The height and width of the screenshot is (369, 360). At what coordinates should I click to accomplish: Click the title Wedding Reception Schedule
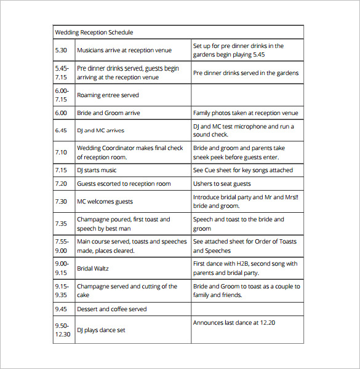coord(94,32)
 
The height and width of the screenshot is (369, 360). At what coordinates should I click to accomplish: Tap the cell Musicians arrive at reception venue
coord(124,50)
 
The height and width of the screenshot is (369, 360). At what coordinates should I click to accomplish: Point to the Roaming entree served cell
coord(108,95)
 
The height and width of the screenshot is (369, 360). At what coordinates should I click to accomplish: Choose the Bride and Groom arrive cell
coord(108,113)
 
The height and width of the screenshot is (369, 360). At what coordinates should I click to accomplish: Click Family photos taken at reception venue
coord(246,113)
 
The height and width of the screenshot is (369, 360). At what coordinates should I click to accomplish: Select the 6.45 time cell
coord(60,130)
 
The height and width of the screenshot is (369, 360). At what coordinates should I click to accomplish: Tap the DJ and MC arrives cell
coord(100,130)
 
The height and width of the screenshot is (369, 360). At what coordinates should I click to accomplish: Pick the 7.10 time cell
coord(60,152)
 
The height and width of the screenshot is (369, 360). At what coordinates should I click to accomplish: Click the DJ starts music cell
coord(97,170)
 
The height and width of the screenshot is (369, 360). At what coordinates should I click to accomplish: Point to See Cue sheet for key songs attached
coord(243,170)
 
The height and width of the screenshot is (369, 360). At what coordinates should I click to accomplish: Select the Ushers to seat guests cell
coord(222,183)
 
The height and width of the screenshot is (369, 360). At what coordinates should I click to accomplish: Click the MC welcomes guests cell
coord(105,201)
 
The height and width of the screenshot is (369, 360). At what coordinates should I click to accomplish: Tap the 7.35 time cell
coord(60,224)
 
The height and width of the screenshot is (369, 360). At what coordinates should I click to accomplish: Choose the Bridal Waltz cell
coord(93,268)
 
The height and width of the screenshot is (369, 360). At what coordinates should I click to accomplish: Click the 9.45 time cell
coord(60,309)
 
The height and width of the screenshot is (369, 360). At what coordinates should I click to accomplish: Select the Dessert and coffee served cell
coord(111,309)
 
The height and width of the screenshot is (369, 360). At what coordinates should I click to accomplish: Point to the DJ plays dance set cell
coord(101,330)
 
